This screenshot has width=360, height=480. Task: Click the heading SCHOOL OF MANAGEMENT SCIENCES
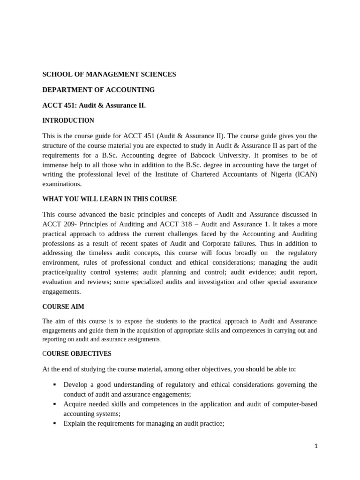tap(109, 74)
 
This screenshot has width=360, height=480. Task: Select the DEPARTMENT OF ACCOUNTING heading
tap(98, 90)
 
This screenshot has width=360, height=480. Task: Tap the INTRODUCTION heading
tap(68, 120)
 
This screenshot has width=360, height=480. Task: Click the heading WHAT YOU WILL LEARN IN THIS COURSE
tap(109, 199)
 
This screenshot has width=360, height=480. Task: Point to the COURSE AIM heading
tap(63, 307)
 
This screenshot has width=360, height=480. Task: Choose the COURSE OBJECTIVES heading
tap(77, 353)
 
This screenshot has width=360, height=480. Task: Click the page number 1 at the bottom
tap(316, 446)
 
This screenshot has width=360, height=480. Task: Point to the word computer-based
tap(293, 404)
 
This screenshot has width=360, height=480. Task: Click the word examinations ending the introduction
tap(62, 184)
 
